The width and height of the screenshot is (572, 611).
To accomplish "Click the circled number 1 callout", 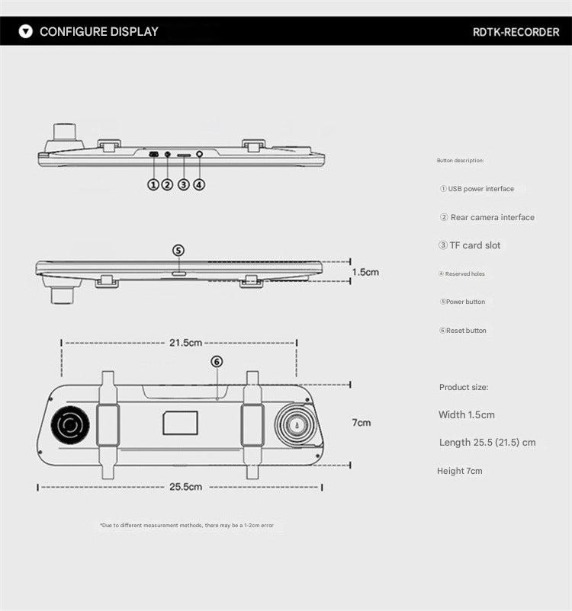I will (153, 184).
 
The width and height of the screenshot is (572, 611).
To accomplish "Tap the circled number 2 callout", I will (167, 184).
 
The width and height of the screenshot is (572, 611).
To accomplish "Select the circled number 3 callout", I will (183, 184).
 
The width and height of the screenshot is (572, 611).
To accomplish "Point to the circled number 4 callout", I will (199, 184).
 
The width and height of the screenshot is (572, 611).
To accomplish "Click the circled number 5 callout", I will (178, 250).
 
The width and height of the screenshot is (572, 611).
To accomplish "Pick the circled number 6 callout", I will (217, 362).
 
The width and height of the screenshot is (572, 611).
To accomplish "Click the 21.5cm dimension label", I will (185, 343).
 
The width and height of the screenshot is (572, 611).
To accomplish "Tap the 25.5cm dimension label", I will (185, 486).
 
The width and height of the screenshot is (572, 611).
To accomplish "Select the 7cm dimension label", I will (361, 422).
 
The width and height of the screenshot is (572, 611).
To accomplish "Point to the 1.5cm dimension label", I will (365, 271).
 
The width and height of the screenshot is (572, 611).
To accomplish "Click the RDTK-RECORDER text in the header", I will (516, 32).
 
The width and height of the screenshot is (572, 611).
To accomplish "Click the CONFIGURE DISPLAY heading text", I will (99, 31).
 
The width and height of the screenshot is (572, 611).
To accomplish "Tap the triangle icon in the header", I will (26, 32).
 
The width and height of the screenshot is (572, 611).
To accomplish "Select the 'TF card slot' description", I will (470, 245).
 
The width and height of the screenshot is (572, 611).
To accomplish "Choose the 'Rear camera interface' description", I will (487, 217).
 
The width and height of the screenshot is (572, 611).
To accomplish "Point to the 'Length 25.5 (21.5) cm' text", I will (487, 443).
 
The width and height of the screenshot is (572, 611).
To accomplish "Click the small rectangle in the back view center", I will (180, 423).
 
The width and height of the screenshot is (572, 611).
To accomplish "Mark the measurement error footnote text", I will (186, 526).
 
